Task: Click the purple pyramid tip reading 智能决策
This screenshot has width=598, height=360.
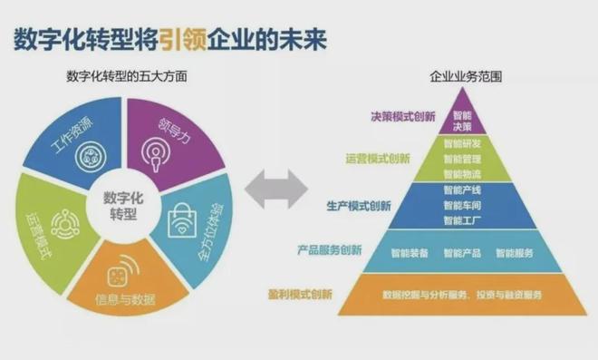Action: [x=462, y=122]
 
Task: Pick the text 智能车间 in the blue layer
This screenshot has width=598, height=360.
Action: [x=462, y=206]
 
